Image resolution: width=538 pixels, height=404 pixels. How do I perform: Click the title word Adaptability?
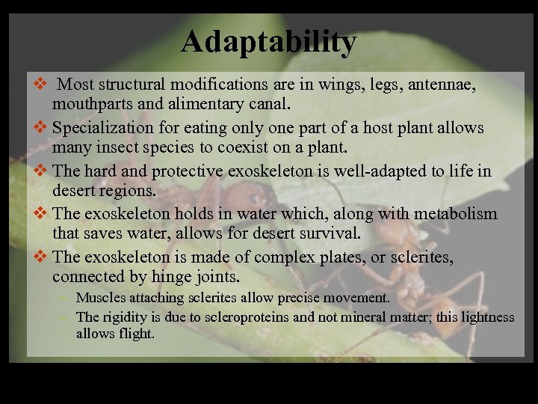click(269, 42)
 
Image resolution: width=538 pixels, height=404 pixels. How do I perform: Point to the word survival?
click(327, 233)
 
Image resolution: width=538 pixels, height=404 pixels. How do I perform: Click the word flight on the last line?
click(135, 334)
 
